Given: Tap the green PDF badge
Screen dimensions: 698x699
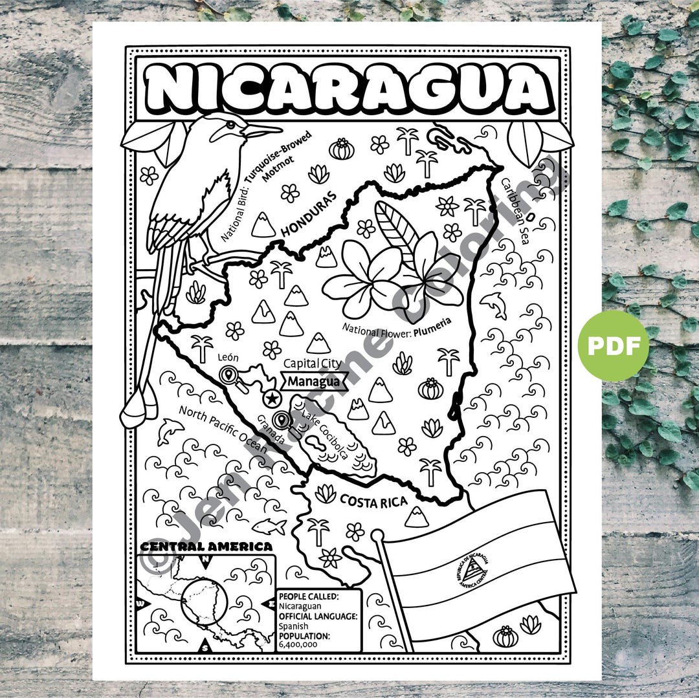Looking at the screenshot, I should pyautogui.click(x=613, y=345).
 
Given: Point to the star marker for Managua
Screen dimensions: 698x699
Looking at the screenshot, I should pyautogui.click(x=272, y=396).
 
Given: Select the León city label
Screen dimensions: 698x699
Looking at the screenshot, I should pyautogui.click(x=225, y=356).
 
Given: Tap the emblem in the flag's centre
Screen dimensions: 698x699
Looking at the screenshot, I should pyautogui.click(x=471, y=567).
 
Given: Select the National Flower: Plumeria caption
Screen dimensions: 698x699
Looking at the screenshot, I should pyautogui.click(x=396, y=324).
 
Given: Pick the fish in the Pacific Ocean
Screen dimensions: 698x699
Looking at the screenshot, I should pyautogui.click(x=269, y=525).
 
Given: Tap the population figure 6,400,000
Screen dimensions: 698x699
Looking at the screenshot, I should pyautogui.click(x=298, y=644).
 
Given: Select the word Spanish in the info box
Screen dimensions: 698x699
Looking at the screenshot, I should pyautogui.click(x=293, y=626).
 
